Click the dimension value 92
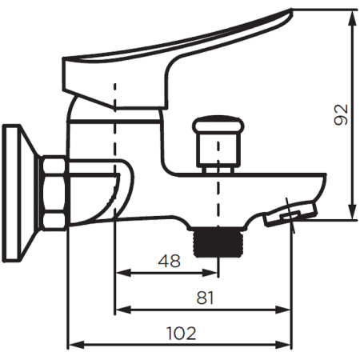341,114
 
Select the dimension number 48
170,261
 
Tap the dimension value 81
205,298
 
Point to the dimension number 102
182,333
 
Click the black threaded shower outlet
218,242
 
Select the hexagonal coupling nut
54,193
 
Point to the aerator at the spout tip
290,214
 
